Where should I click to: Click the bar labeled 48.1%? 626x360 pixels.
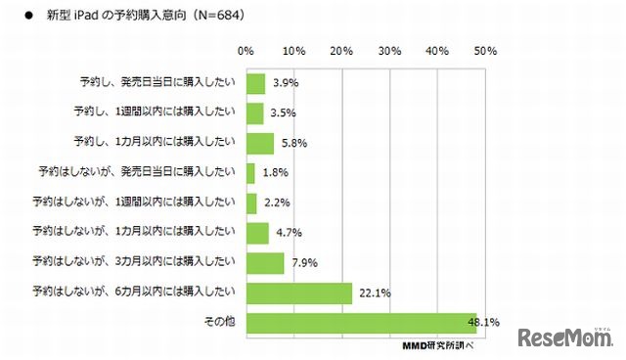(x=361, y=323)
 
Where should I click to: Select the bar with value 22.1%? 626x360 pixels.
(x=299, y=292)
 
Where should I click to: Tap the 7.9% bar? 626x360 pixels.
(x=265, y=263)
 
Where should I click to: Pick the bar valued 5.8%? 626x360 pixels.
(x=260, y=143)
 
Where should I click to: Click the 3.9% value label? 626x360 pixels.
(x=285, y=84)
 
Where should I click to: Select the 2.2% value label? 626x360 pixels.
(x=277, y=203)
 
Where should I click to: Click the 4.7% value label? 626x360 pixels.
(x=289, y=234)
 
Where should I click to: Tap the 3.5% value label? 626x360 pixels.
(x=283, y=113)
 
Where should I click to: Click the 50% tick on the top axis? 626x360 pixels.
(x=485, y=50)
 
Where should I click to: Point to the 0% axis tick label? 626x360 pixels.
(x=246, y=50)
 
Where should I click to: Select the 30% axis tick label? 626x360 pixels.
(x=389, y=50)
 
